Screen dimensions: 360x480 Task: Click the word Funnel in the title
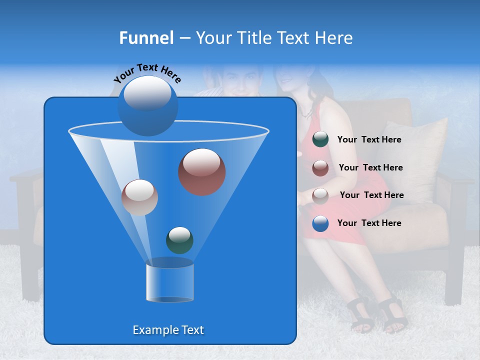[146, 38]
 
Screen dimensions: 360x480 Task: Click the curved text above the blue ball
[147, 73]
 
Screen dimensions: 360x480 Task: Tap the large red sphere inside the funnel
[202, 171]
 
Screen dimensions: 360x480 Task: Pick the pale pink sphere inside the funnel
[139, 197]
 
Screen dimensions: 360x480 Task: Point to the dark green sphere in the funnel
[179, 240]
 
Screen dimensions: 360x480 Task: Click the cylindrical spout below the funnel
[169, 283]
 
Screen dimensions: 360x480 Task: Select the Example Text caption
[168, 330]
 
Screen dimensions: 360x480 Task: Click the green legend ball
[320, 139]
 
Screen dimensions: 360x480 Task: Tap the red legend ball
[320, 167]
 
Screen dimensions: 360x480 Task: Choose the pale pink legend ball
[320, 195]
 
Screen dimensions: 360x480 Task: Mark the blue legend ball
[320, 223]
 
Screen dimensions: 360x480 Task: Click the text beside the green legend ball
[369, 139]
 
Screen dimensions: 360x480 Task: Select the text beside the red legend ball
[370, 167]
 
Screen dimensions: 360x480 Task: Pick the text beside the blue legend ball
[369, 223]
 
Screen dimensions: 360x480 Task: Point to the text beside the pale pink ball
[371, 195]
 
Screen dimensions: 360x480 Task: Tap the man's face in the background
[241, 80]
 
